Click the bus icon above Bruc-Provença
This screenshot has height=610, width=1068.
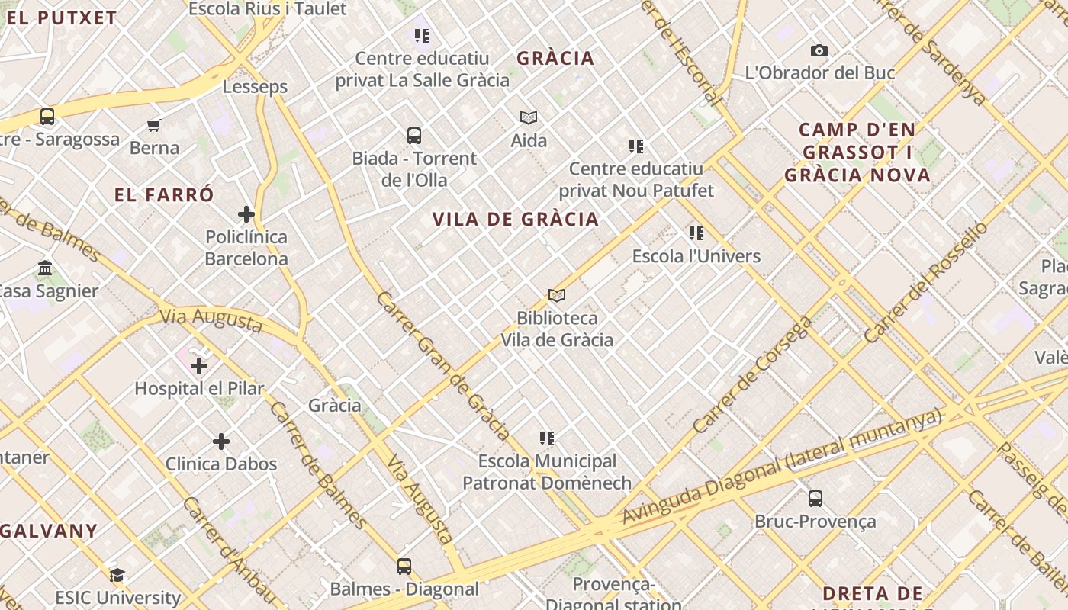pyautogui.click(x=815, y=499)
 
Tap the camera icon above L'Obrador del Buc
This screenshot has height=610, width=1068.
pyautogui.click(x=819, y=51)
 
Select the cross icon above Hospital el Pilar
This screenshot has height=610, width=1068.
pyautogui.click(x=199, y=366)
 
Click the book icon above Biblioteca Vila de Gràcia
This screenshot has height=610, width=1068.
pyautogui.click(x=557, y=295)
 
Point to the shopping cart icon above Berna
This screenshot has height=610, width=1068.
pyautogui.click(x=154, y=125)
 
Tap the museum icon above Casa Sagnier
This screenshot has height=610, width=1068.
pyautogui.click(x=45, y=268)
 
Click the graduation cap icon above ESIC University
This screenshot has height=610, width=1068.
pyautogui.click(x=117, y=575)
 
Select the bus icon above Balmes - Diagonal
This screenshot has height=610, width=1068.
pyautogui.click(x=404, y=567)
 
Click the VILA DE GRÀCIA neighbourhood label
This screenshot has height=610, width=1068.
pyautogui.click(x=516, y=220)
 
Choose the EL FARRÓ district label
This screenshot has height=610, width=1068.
pyautogui.click(x=164, y=194)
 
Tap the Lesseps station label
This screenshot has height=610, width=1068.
pyautogui.click(x=255, y=87)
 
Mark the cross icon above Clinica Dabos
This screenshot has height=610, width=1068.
pyautogui.click(x=221, y=441)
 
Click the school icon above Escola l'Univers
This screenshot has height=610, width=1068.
pyautogui.click(x=696, y=233)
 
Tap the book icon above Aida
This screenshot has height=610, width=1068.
pyautogui.click(x=529, y=117)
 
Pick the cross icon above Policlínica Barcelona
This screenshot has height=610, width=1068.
pyautogui.click(x=246, y=214)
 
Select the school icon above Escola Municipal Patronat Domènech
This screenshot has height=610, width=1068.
pyautogui.click(x=547, y=438)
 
